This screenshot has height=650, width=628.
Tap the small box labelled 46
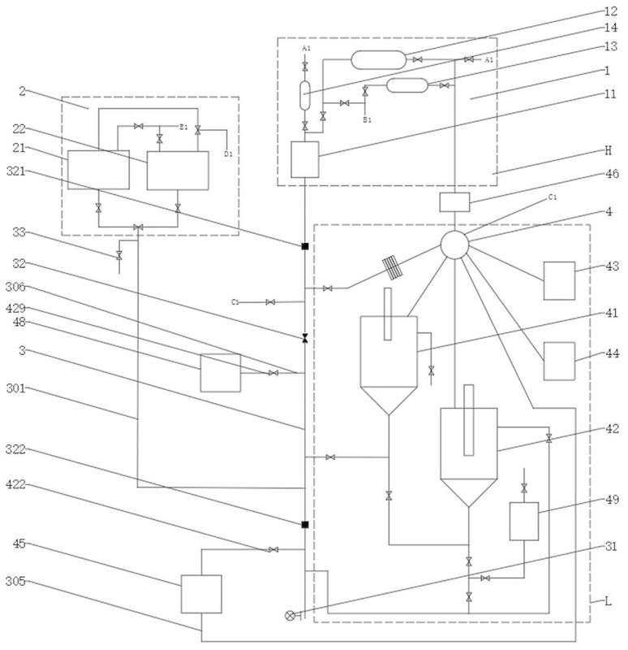[454, 201]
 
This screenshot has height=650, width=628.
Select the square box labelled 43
[559, 279]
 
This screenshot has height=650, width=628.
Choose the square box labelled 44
[559, 357]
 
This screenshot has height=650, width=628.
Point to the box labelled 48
[221, 373]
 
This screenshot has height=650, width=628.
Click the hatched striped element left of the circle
[391, 266]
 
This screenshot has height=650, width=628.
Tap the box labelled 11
[304, 158]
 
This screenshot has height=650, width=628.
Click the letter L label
[604, 601]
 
